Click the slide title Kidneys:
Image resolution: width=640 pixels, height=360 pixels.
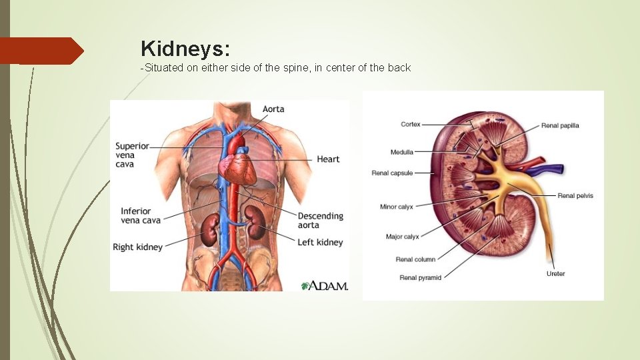tap(185, 48)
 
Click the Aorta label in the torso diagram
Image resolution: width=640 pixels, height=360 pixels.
tap(273, 109)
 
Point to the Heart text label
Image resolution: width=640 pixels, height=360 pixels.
tap(328, 159)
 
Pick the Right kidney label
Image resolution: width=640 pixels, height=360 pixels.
tap(137, 247)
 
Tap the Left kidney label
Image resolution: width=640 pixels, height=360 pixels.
tap(320, 242)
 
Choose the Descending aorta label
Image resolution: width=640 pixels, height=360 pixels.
tap(320, 221)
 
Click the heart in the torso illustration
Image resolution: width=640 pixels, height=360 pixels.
tap(240, 167)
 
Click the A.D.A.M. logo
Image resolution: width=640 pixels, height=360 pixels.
tap(325, 286)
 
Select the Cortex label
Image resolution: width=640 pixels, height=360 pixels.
tap(411, 124)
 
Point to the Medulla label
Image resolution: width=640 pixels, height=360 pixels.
tap(402, 152)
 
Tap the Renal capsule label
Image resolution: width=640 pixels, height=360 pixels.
tap(392, 173)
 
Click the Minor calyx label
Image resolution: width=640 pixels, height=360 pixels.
tap(397, 207)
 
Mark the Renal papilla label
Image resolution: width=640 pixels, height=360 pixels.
tap(560, 125)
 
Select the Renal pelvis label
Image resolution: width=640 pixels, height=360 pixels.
tap(575, 196)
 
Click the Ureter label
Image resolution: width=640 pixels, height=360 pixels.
tap(555, 274)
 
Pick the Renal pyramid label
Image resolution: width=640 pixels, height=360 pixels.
tap(421, 277)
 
